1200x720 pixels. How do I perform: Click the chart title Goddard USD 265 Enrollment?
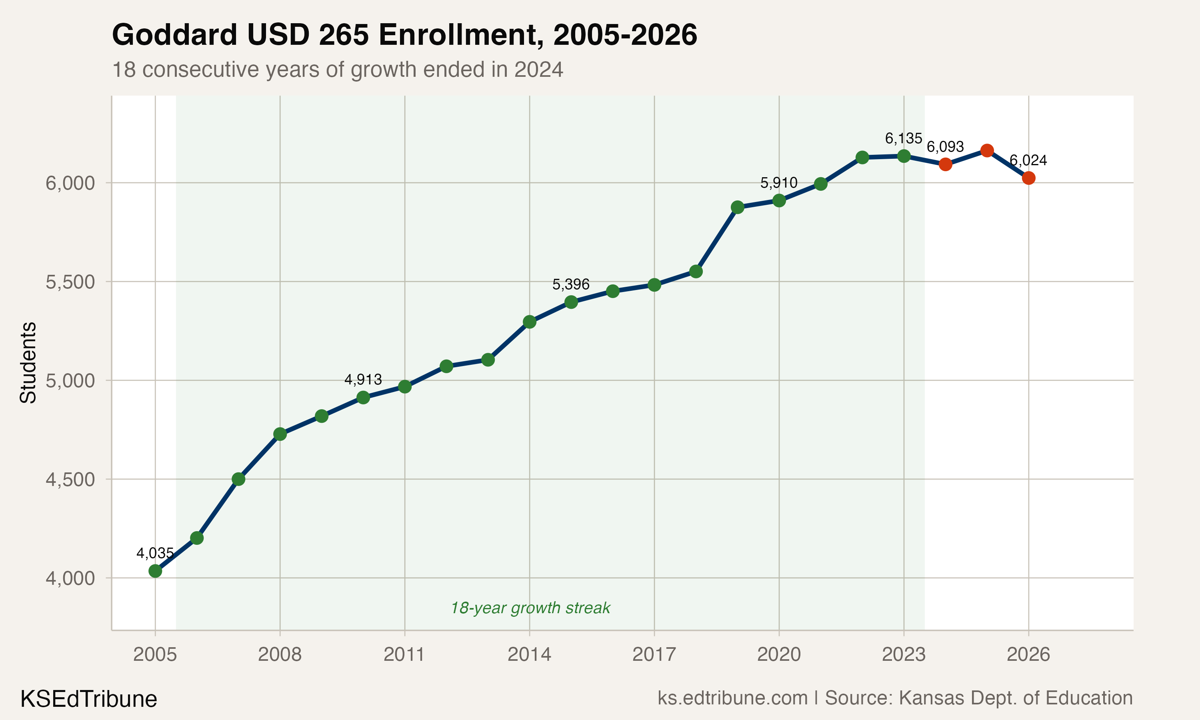(404, 35)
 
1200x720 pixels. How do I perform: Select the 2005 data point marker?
(155, 571)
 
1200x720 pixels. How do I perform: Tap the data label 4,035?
(155, 553)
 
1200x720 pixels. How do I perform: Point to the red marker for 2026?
(1028, 178)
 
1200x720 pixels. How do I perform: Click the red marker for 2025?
(986, 150)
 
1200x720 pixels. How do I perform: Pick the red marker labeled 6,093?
(945, 164)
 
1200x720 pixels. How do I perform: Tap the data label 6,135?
(903, 139)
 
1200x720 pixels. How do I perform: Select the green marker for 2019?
(737, 207)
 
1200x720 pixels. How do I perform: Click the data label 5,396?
(571, 284)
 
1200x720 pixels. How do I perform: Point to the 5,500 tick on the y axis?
(70, 282)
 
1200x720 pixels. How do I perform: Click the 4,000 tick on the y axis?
(70, 578)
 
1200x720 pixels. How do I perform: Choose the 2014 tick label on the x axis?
(529, 655)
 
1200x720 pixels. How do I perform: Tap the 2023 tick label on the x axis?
(903, 655)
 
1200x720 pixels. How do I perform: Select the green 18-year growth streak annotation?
(530, 608)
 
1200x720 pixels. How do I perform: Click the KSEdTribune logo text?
(89, 699)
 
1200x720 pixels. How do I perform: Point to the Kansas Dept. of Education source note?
(978, 698)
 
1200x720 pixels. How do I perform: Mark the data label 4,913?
(363, 380)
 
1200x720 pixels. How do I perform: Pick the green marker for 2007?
(238, 479)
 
